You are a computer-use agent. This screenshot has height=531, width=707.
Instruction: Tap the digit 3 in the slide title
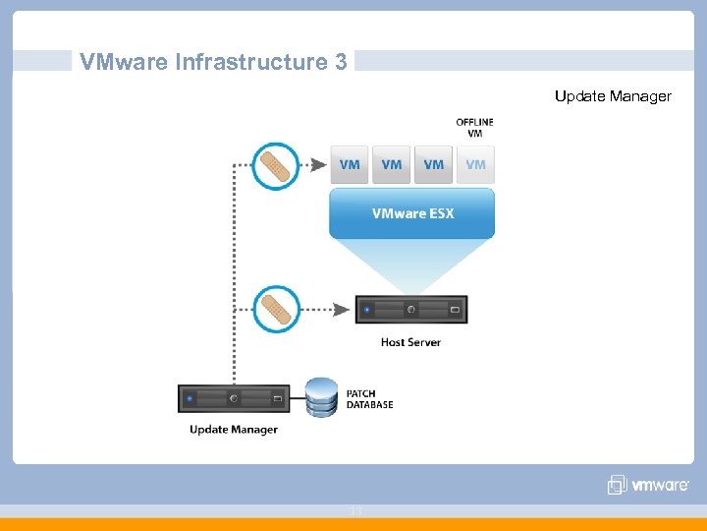(x=340, y=63)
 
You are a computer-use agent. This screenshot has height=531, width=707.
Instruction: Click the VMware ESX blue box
(x=412, y=213)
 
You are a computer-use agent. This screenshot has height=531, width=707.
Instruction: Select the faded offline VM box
(x=476, y=164)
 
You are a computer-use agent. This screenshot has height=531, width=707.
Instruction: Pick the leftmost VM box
(x=350, y=164)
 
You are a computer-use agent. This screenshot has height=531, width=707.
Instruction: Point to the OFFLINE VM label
(x=475, y=128)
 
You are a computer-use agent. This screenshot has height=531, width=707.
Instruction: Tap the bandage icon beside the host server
(x=276, y=309)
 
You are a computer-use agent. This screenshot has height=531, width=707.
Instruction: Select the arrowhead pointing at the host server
(x=342, y=310)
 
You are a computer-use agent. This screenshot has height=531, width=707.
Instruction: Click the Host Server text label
(x=410, y=342)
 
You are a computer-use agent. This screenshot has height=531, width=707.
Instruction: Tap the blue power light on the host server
(x=366, y=310)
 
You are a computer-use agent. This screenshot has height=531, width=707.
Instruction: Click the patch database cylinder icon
(x=320, y=397)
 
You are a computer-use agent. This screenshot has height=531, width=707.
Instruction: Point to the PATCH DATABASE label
(x=369, y=399)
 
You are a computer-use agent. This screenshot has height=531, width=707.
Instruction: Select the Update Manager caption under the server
(x=234, y=430)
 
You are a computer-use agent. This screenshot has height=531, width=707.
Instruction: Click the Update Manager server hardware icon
(x=234, y=398)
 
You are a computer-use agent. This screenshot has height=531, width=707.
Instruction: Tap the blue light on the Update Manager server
(x=190, y=399)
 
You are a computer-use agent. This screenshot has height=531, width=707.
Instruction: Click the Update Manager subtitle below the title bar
(x=613, y=96)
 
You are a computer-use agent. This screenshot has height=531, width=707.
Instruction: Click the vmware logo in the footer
(x=648, y=485)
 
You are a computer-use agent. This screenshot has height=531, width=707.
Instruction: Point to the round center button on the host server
(x=411, y=310)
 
